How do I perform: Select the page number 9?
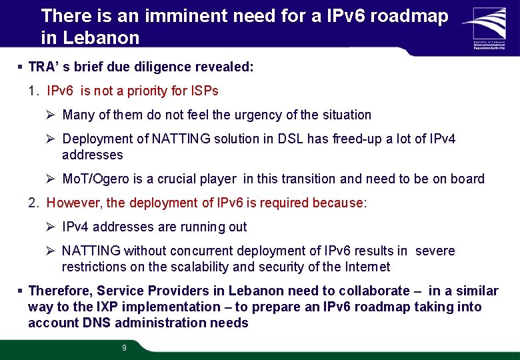pyautogui.click(x=124, y=347)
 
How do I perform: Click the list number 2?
pyautogui.click(x=34, y=203)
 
